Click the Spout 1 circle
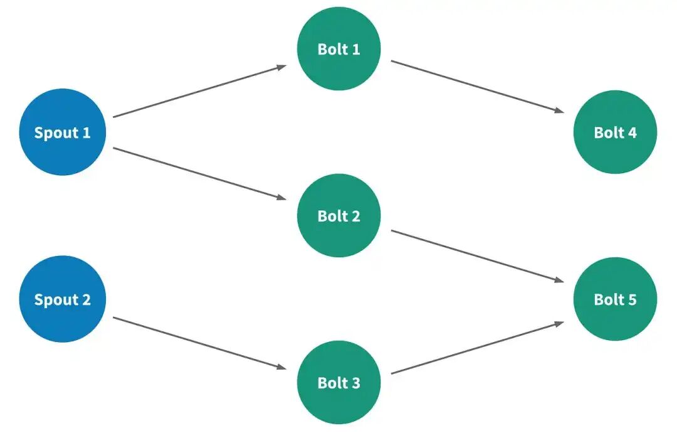[63, 132]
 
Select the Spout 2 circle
[63, 299]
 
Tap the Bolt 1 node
[339, 48]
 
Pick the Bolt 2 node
[339, 215]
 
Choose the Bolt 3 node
[339, 382]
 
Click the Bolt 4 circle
[616, 132]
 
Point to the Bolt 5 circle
[616, 299]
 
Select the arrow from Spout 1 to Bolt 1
[199, 91]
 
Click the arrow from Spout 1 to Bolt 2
[199, 173]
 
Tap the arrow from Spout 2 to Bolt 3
[199, 343]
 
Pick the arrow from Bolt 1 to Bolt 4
[478, 87]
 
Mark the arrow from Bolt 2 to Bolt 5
[478, 256]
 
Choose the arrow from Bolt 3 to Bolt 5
[478, 348]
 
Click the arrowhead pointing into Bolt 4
[559, 110]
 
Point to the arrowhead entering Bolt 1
[281, 67]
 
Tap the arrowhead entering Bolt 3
[281, 367]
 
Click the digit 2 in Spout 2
[86, 299]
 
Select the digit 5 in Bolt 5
[632, 299]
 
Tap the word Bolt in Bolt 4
[609, 132]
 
